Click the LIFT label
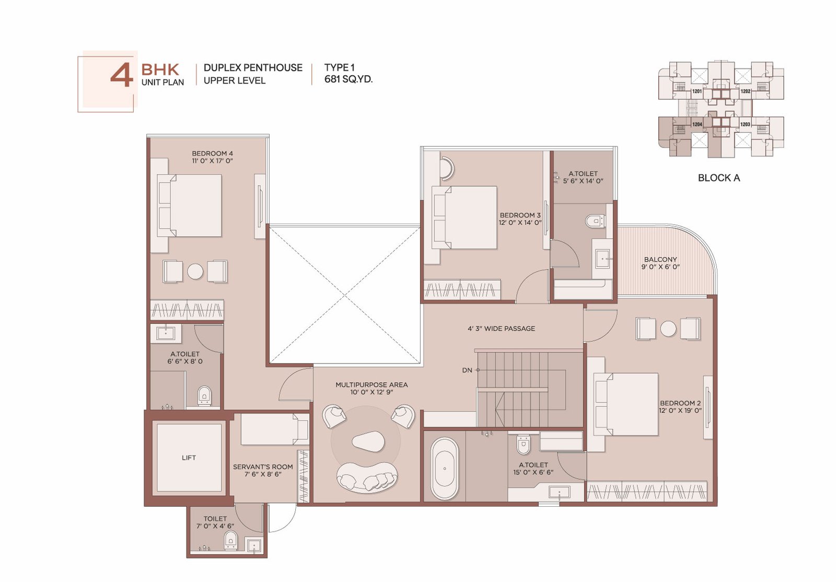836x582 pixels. click(189, 458)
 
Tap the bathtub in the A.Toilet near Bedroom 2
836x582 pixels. click(445, 469)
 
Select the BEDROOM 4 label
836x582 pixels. click(212, 153)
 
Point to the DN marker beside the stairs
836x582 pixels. click(467, 370)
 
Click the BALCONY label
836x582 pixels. click(660, 259)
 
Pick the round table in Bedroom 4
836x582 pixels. click(195, 271)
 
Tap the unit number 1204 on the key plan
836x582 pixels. click(697, 124)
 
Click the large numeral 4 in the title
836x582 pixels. click(122, 75)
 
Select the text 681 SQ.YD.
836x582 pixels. click(348, 79)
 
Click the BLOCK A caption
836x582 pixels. click(719, 178)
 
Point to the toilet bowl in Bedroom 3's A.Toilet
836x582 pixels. click(595, 221)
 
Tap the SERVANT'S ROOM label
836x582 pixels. click(263, 466)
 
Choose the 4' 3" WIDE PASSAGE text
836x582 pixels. click(501, 328)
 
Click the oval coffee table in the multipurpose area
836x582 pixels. click(368, 441)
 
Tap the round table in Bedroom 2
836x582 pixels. click(668, 329)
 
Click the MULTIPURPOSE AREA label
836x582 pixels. click(371, 384)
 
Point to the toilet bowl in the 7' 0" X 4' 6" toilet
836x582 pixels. click(231, 540)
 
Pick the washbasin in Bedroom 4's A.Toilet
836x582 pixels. click(165, 333)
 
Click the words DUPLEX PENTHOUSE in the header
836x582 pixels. click(253, 67)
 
